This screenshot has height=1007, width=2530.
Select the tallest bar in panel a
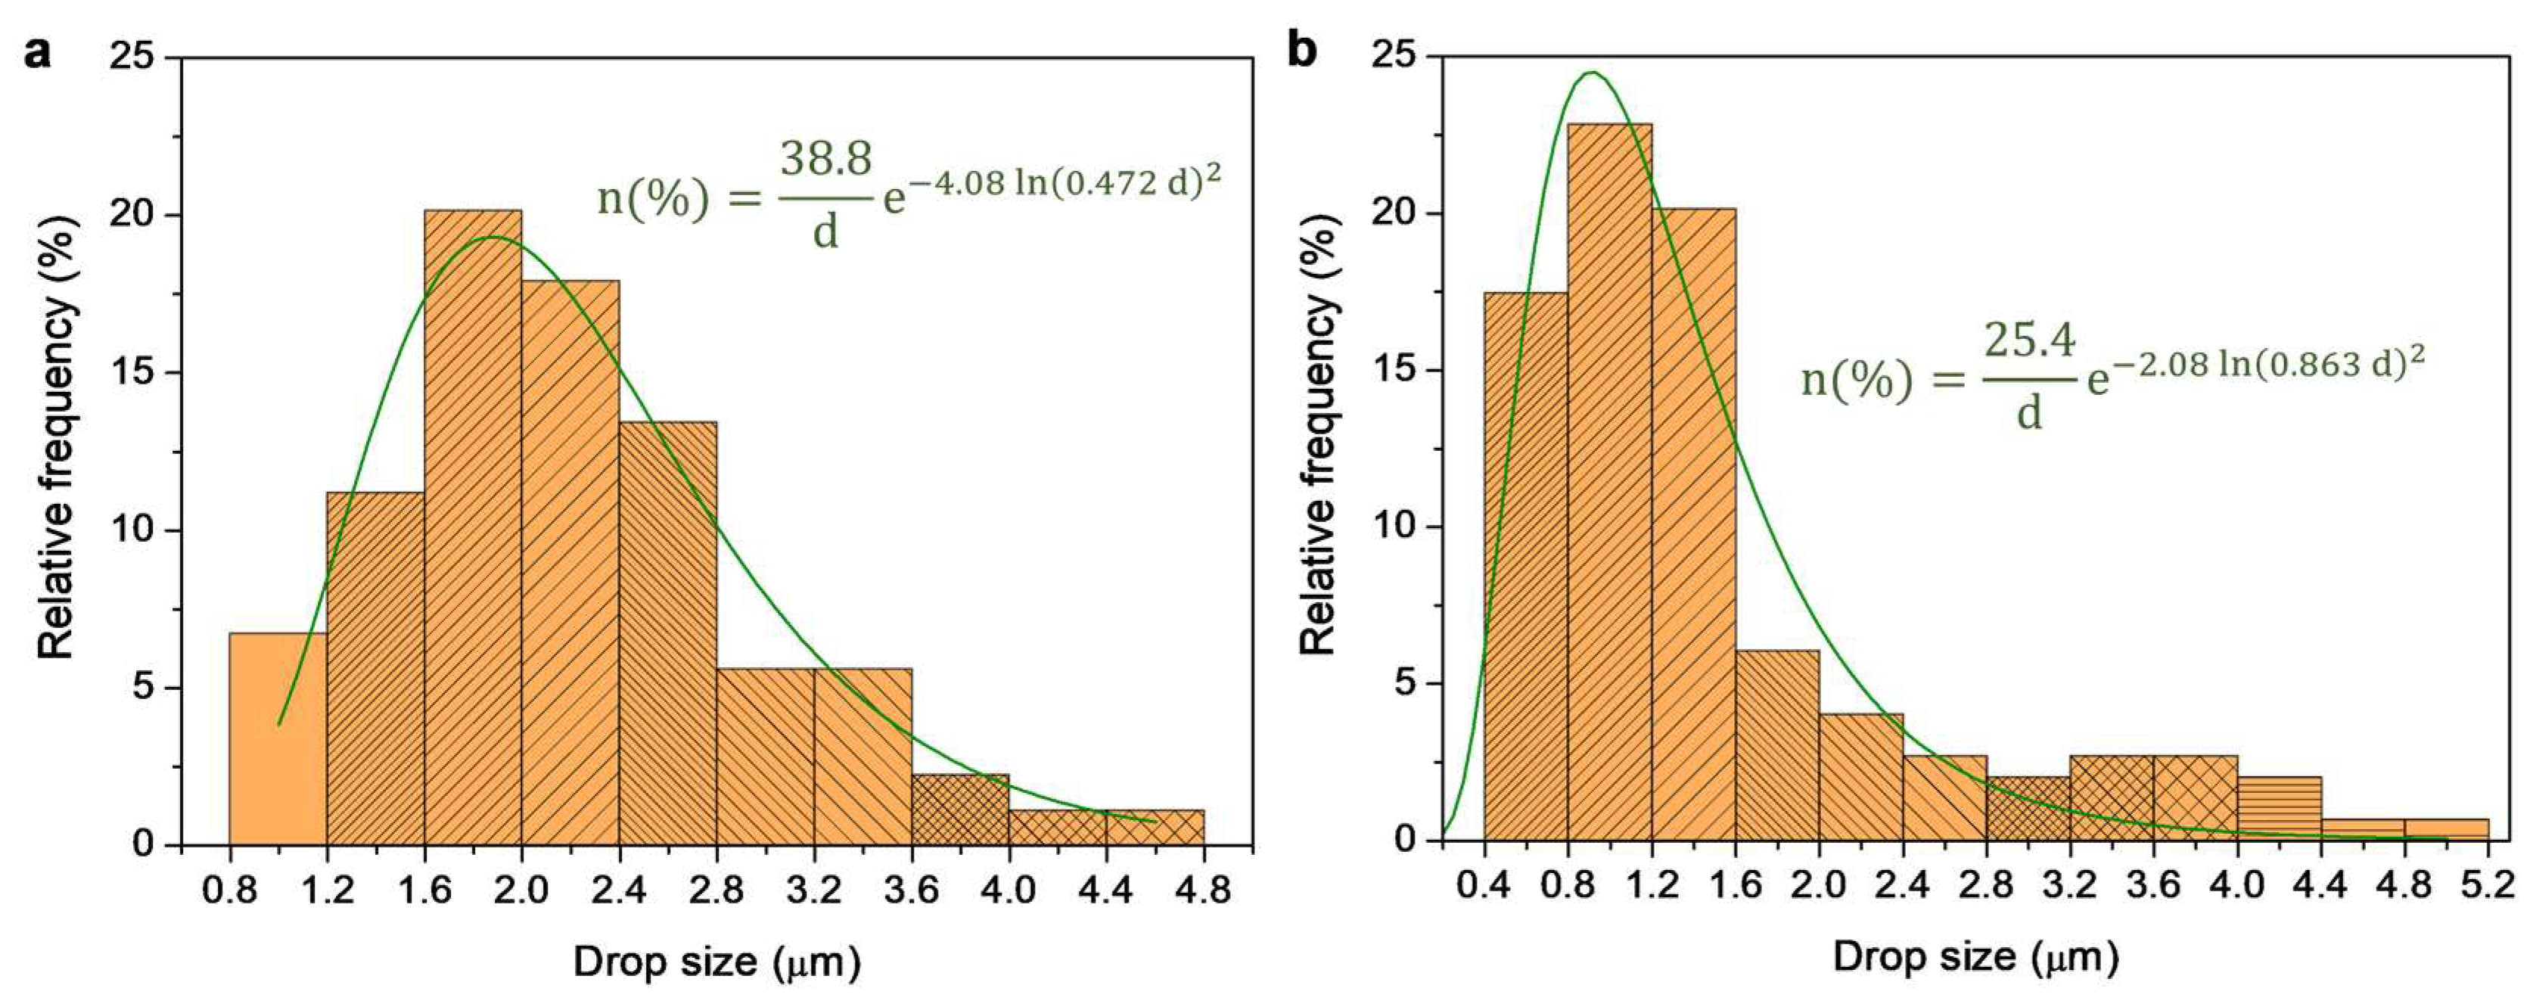coord(472,530)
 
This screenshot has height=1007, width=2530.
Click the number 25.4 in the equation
coord(2029,341)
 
